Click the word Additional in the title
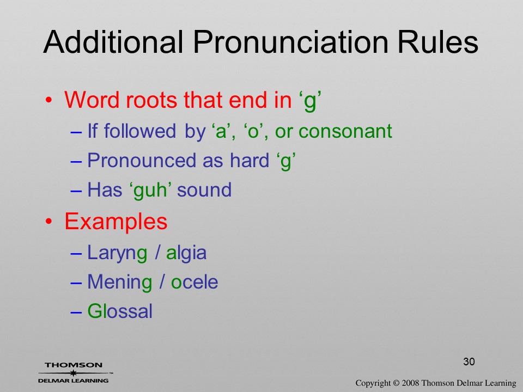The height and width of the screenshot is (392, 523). tap(113, 42)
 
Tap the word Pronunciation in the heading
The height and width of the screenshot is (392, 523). tap(290, 42)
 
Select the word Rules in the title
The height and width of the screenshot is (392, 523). tap(438, 42)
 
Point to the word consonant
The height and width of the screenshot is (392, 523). tap(345, 131)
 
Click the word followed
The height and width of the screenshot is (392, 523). tap(140, 131)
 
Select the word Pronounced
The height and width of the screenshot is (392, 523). tap(142, 160)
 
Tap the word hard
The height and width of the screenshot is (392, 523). tap(250, 160)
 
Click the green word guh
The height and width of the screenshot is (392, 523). tap(150, 190)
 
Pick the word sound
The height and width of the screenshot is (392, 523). tap(204, 190)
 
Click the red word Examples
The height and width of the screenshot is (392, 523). tap(115, 222)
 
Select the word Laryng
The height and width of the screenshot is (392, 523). tap(117, 253)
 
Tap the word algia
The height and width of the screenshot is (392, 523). tap(186, 253)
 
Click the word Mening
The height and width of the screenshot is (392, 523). tap(120, 283)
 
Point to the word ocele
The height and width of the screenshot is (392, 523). tap(194, 283)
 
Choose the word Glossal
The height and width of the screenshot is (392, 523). tap(120, 311)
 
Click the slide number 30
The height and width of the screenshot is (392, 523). tap(469, 362)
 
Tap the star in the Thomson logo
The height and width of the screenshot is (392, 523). tap(73, 373)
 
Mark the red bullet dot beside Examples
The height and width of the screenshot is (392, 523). tap(49, 222)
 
